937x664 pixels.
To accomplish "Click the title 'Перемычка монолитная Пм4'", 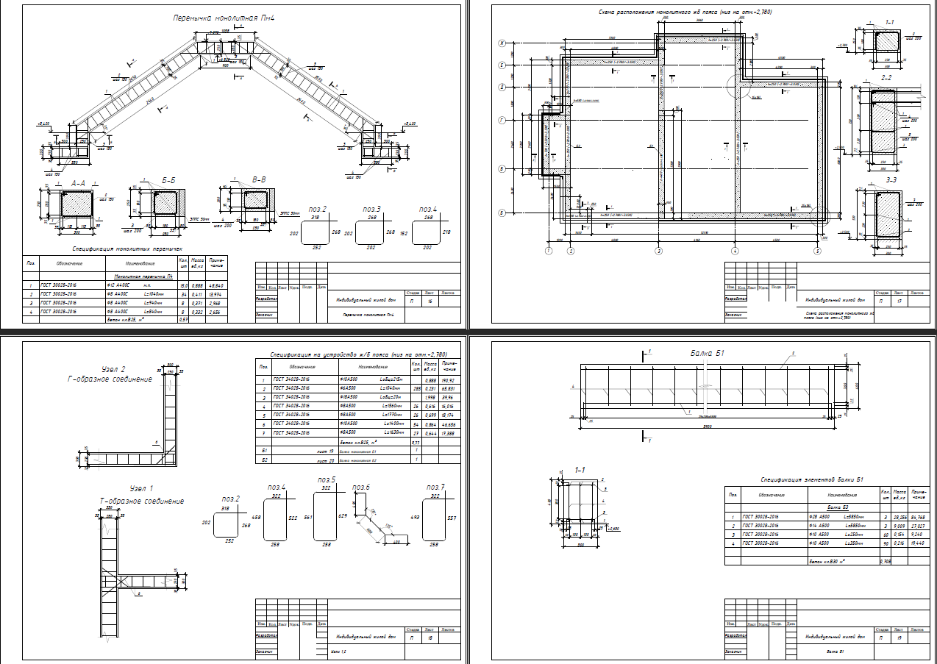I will click(213, 17).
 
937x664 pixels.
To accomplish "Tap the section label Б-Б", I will click(168, 180).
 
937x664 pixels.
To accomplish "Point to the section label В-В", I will click(259, 179).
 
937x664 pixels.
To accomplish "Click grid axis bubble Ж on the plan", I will click(501, 43).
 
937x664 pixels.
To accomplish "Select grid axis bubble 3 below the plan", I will click(658, 251).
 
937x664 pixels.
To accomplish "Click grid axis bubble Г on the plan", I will click(501, 120).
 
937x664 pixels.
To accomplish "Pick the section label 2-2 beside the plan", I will click(887, 77).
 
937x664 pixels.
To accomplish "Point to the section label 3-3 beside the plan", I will click(891, 179).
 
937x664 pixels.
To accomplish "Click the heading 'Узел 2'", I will click(118, 369).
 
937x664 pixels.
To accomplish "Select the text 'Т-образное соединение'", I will click(142, 501).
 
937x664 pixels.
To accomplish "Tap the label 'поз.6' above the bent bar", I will click(360, 487).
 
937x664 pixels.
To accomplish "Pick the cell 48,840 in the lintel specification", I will click(217, 285).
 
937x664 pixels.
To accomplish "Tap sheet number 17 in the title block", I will click(899, 301).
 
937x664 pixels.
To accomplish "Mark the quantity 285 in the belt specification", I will click(417, 388).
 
